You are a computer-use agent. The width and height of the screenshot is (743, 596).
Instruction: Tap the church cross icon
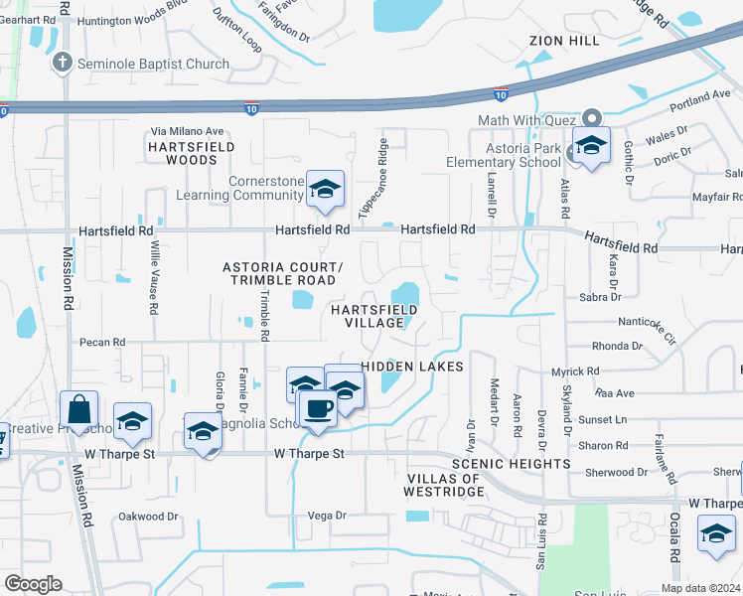[62, 63]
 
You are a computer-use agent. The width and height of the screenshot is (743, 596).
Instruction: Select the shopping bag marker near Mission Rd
[78, 410]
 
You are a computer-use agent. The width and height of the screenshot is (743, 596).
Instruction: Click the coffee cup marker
[318, 408]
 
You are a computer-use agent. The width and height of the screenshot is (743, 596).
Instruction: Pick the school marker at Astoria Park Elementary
[591, 147]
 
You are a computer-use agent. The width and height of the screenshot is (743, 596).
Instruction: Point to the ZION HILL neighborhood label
[565, 41]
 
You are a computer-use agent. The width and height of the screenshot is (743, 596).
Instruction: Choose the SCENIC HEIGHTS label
[511, 464]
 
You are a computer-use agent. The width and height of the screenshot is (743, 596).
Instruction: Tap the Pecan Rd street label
[103, 342]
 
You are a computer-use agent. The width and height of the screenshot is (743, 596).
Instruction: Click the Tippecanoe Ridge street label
[371, 179]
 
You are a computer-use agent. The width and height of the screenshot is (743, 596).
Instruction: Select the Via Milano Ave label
[188, 131]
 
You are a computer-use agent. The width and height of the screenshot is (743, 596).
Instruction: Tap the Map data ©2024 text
[700, 588]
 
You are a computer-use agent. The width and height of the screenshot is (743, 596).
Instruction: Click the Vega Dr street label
[326, 515]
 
